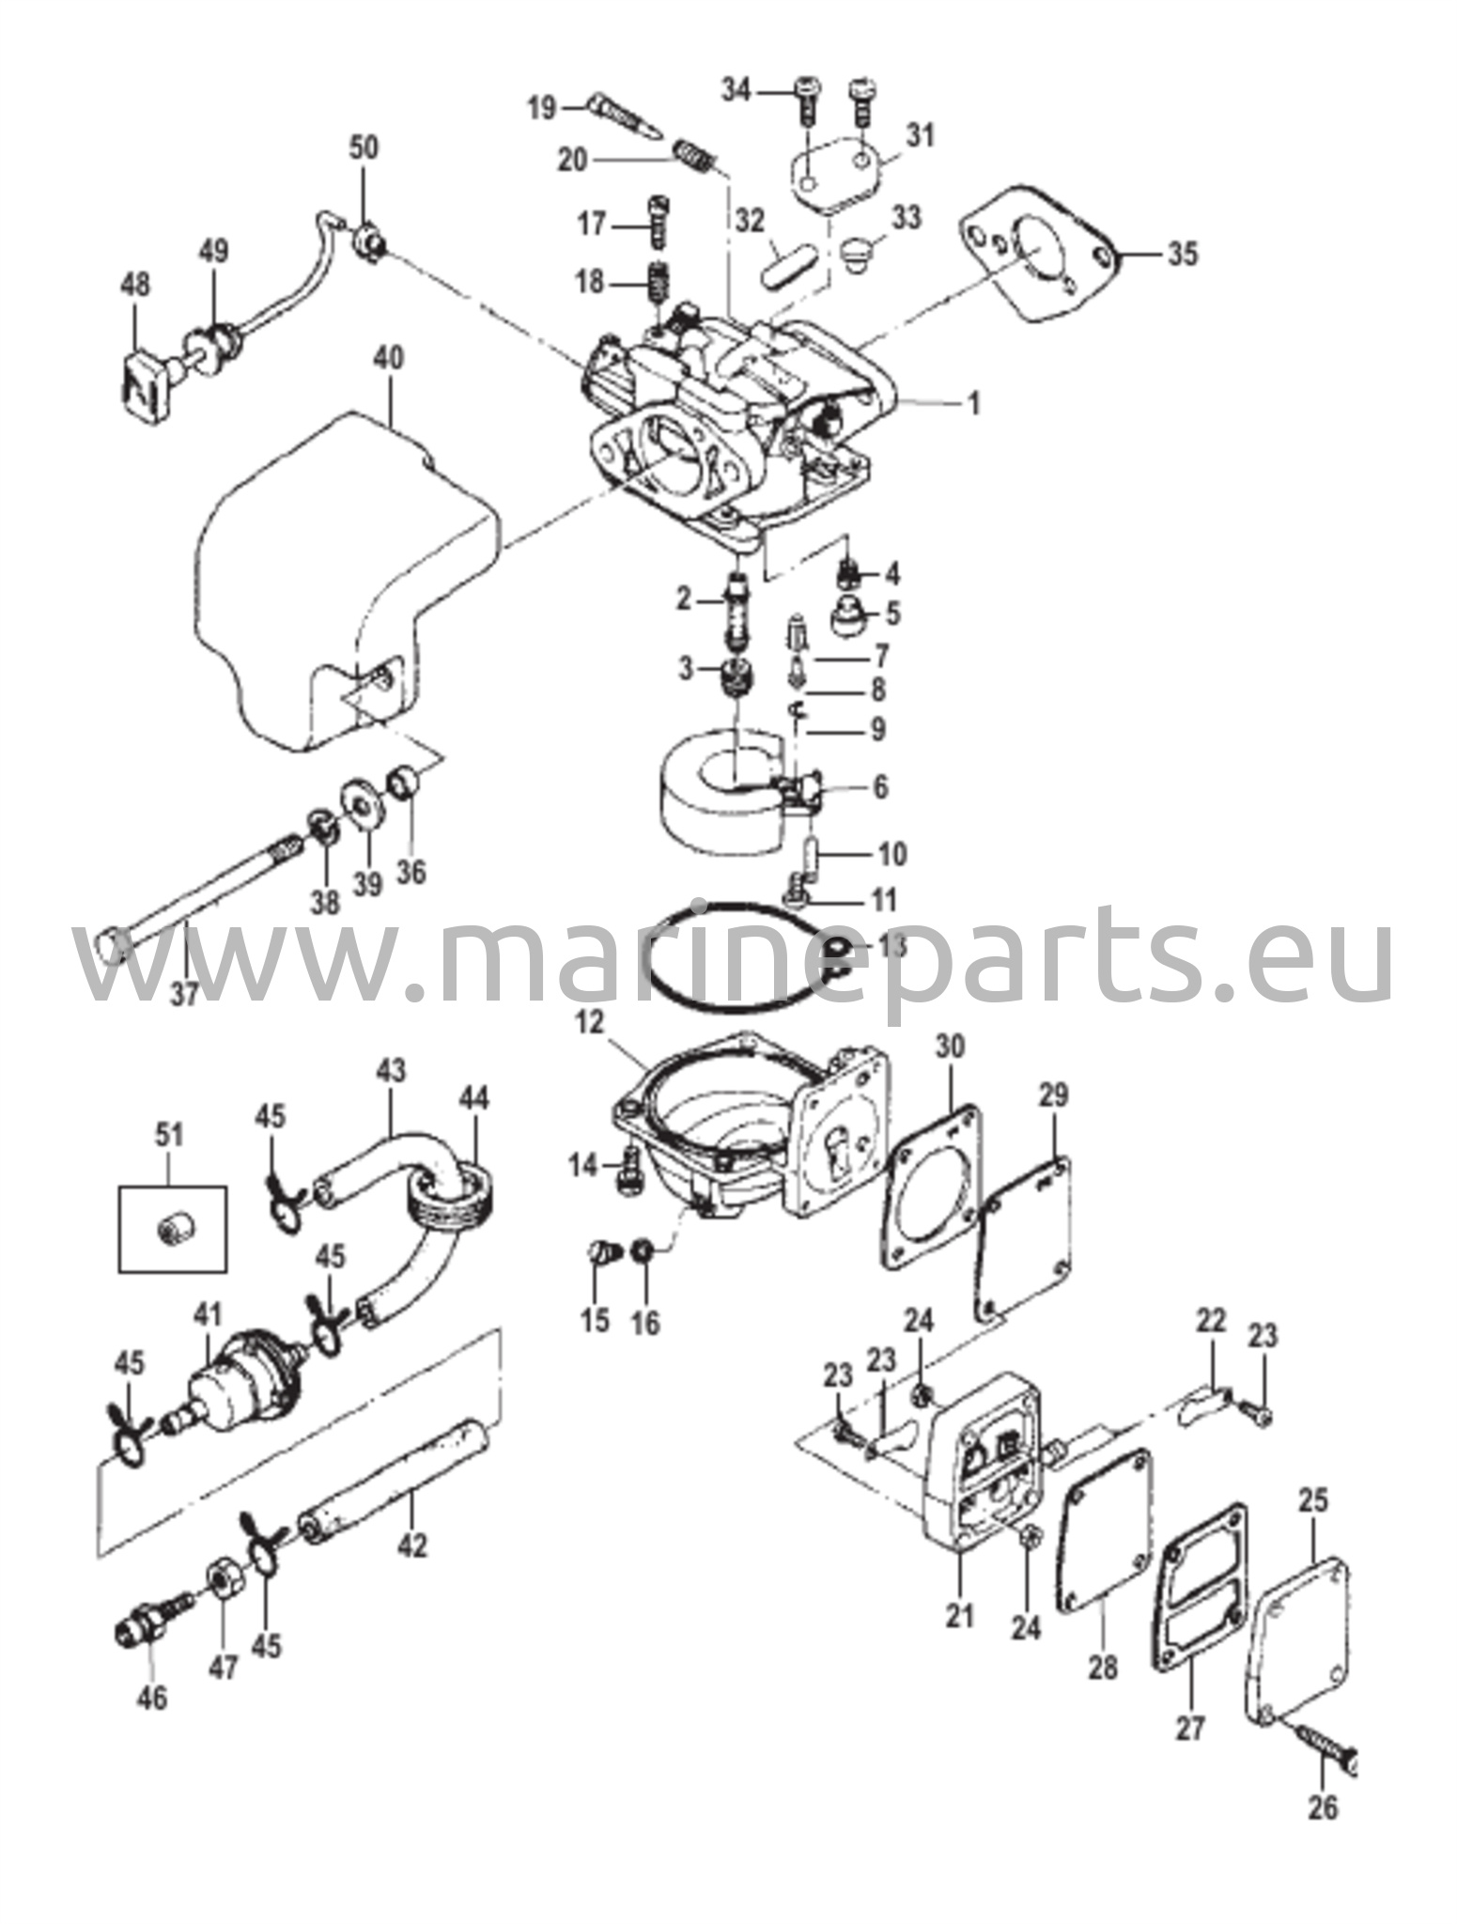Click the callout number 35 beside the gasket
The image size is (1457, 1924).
[1183, 254]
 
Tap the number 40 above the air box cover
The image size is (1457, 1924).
[389, 358]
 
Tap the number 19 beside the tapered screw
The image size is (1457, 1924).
[541, 108]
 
